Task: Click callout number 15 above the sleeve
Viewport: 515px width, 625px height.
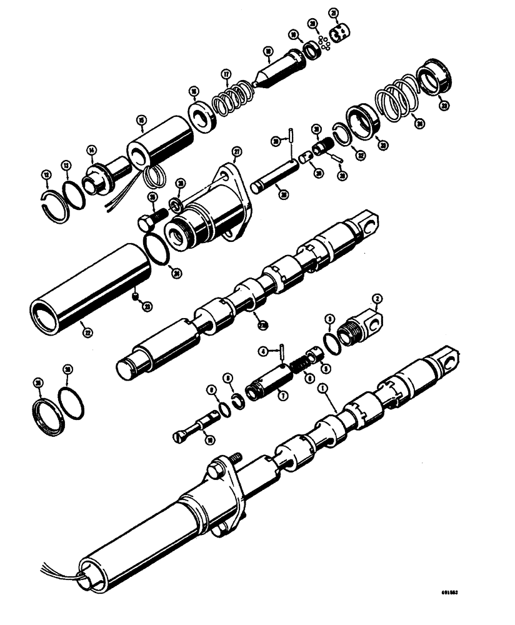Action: pos(141,120)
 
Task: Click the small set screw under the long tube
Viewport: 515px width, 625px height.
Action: pos(135,297)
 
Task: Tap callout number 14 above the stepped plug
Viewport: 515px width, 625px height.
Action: pos(92,149)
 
